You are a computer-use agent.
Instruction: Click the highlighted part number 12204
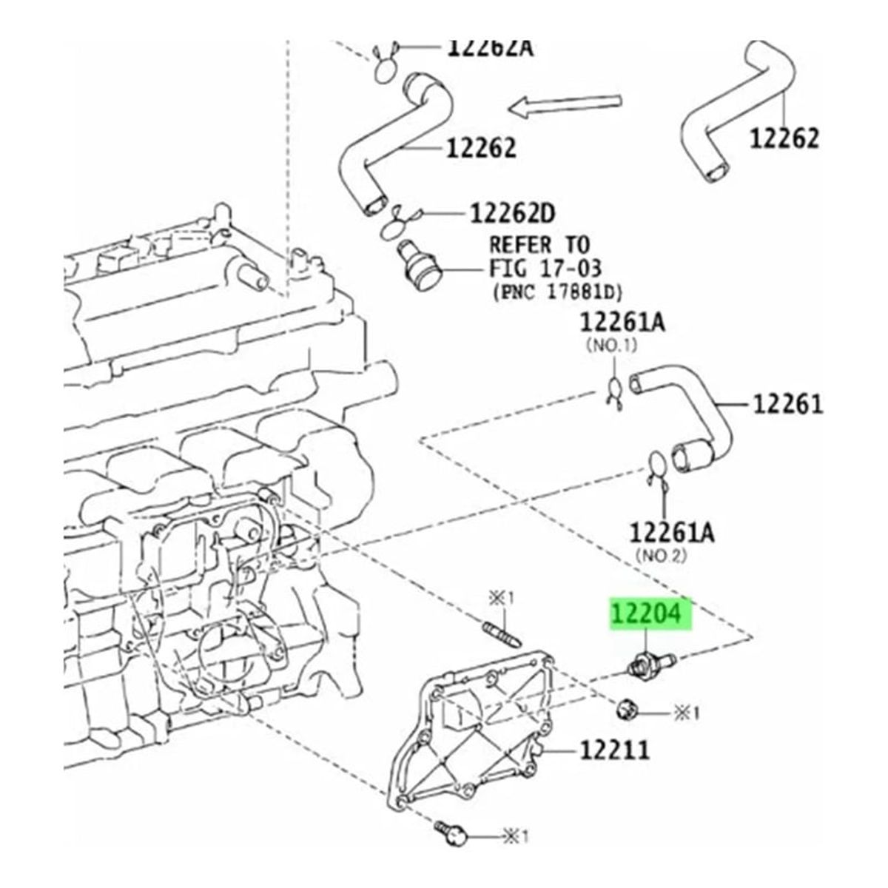point(649,613)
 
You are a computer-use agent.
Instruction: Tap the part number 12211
point(613,750)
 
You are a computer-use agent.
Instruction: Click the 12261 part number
point(788,404)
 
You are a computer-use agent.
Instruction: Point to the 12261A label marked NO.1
point(622,323)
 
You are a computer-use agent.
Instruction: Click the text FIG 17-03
point(545,267)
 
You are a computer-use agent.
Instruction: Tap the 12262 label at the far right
point(784,138)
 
